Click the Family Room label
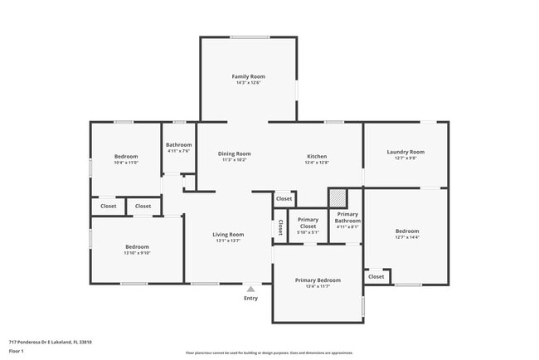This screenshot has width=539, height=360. click(x=248, y=76)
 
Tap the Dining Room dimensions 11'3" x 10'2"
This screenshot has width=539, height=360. click(x=234, y=160)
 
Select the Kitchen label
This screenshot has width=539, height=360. click(x=317, y=156)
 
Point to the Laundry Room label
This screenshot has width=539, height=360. click(x=405, y=152)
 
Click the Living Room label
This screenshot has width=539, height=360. click(x=228, y=234)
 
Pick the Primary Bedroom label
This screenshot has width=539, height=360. click(x=318, y=280)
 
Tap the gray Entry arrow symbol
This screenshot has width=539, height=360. click(x=250, y=289)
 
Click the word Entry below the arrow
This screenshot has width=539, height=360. click(x=250, y=299)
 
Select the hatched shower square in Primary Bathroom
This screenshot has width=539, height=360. click(x=337, y=198)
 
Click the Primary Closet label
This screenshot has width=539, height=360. click(x=308, y=222)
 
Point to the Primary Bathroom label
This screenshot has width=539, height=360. click(x=347, y=217)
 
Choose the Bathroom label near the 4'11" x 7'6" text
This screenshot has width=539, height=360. click(x=178, y=144)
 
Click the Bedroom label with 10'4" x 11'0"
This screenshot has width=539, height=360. click(x=126, y=156)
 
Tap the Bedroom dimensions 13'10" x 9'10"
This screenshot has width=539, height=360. click(x=137, y=253)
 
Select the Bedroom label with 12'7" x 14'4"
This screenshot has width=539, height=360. click(x=406, y=231)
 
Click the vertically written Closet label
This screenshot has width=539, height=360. click(x=280, y=226)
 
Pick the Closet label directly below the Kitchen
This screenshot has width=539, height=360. click(x=284, y=199)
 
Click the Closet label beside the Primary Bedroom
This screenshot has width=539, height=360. click(x=376, y=276)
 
